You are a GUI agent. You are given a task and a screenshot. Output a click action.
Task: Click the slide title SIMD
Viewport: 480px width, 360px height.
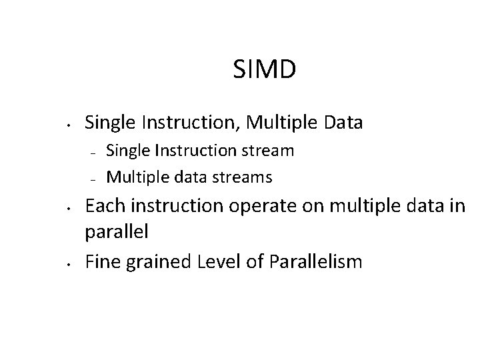point(265,69)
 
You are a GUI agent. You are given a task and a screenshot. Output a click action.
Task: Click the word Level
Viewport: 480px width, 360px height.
point(220,261)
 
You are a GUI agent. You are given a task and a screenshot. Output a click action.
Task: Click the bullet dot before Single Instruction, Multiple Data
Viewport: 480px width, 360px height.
point(69,124)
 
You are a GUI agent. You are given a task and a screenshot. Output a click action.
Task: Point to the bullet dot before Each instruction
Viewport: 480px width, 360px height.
point(69,208)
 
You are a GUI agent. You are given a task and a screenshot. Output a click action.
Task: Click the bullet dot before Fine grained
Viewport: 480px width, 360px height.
point(69,263)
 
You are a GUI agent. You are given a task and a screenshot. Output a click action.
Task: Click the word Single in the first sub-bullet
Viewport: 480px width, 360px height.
point(127,151)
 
